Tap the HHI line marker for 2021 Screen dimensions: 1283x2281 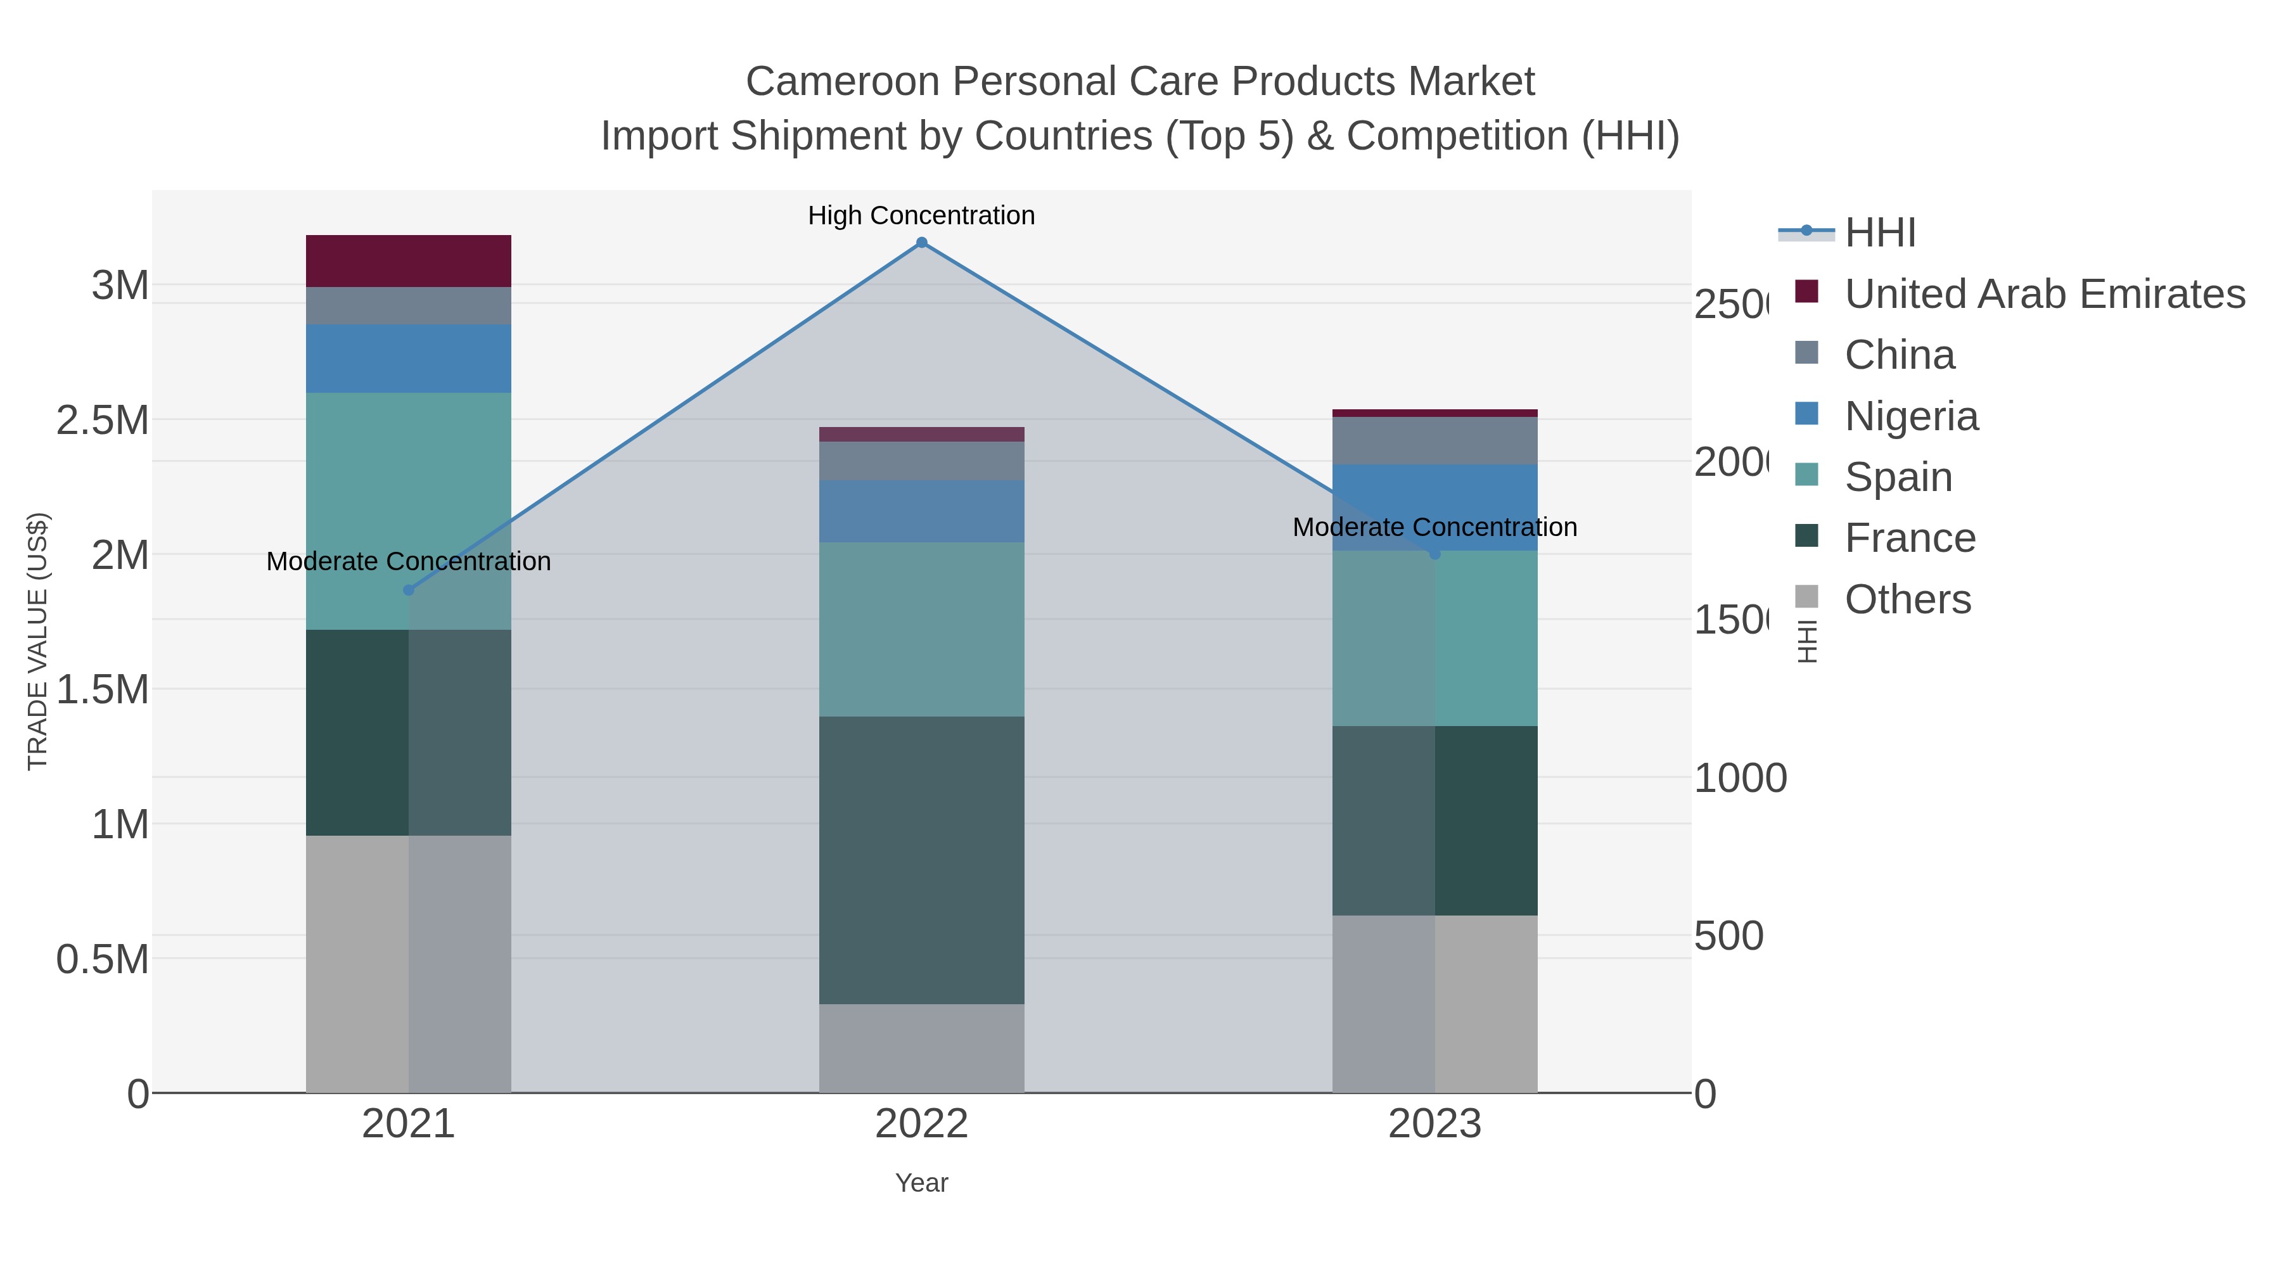click(408, 590)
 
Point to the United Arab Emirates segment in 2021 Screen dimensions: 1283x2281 click(408, 261)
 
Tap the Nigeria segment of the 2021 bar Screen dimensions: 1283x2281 click(408, 359)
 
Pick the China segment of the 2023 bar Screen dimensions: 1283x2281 click(1434, 441)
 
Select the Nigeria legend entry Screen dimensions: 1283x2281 click(1911, 416)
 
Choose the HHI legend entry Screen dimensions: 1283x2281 click(1880, 233)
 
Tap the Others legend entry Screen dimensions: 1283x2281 click(1907, 599)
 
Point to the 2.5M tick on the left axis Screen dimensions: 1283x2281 click(103, 421)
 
